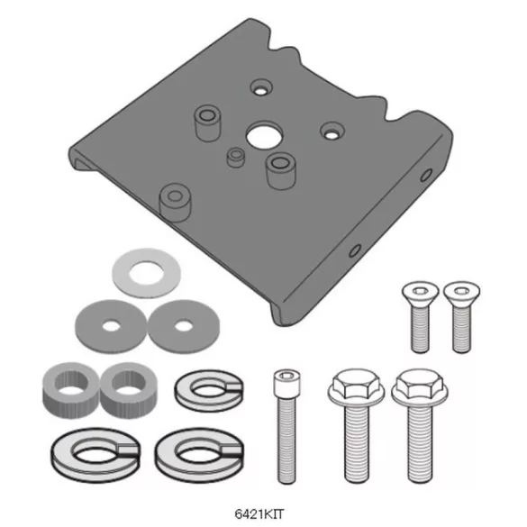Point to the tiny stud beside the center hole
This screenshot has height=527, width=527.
click(234, 157)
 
